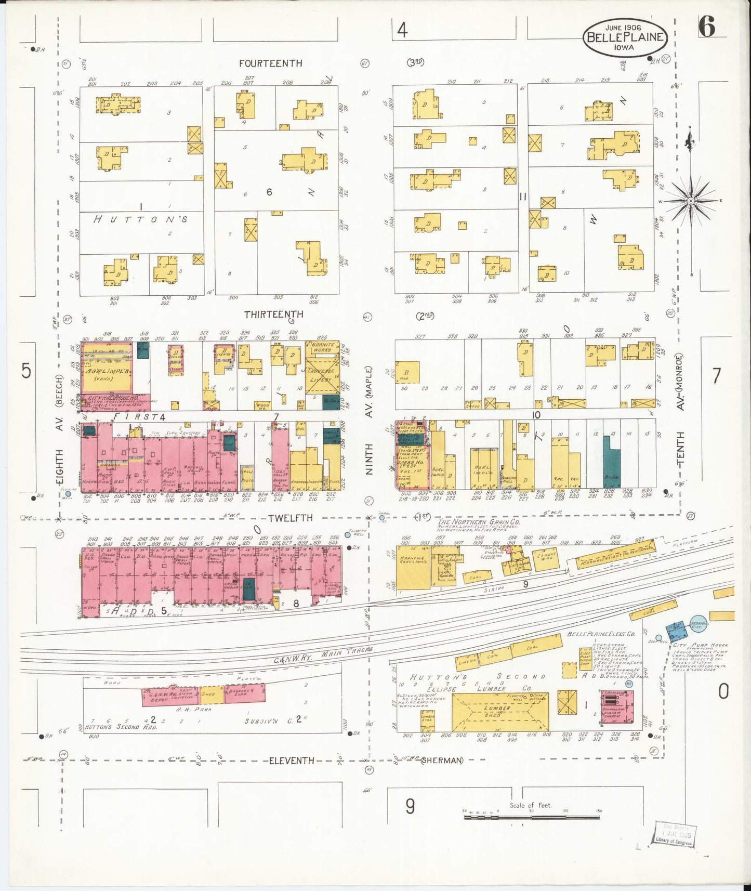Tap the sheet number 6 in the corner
706,27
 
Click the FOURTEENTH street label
270,63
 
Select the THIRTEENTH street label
274,315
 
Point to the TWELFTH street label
291,518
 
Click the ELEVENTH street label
291,761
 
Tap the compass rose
691,201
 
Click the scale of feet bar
531,817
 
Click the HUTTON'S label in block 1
140,219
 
